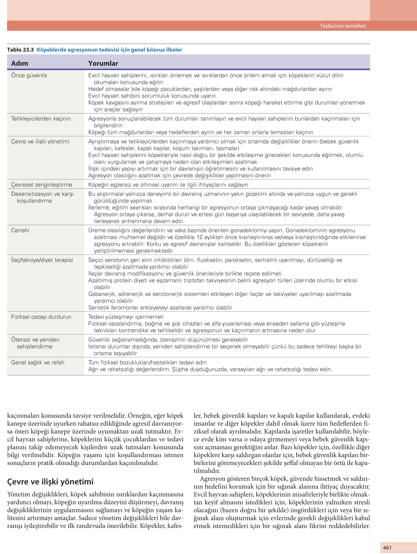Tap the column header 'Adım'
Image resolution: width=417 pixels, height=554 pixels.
[20, 63]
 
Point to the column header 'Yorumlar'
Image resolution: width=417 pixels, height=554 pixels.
[103, 63]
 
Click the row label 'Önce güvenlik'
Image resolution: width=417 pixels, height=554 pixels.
[29, 75]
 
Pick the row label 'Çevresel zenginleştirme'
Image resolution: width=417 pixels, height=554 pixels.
[42, 185]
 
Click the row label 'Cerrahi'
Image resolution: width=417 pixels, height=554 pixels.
[20, 230]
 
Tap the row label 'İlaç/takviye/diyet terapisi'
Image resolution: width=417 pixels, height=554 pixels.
[42, 260]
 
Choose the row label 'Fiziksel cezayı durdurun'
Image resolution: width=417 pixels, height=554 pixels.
[41, 317]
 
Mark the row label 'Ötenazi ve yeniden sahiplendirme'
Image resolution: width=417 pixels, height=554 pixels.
[35, 343]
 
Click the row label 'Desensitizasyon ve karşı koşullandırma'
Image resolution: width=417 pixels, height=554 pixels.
[42, 197]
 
